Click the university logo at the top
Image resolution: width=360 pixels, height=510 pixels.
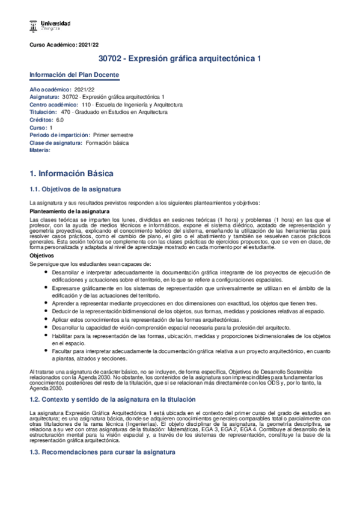[50, 25]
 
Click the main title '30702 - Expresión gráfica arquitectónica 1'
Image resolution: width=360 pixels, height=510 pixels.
[180, 59]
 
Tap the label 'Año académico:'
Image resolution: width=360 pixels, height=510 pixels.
[50, 89]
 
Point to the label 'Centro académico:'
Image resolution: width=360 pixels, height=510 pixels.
[55, 104]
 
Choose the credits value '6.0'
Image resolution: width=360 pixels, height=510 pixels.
[60, 120]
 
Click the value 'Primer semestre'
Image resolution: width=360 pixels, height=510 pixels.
[113, 135]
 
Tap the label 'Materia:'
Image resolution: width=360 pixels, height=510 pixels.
[40, 150]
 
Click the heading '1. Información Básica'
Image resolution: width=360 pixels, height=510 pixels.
[72, 173]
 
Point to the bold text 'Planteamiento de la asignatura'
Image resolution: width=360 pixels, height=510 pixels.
[69, 211]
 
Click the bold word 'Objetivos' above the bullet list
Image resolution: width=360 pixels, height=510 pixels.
[42, 256]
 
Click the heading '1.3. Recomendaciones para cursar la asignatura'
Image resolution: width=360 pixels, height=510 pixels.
[102, 452]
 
